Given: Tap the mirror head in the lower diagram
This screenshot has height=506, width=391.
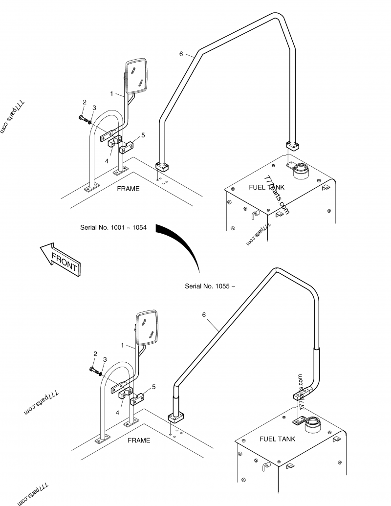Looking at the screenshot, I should point(148,327).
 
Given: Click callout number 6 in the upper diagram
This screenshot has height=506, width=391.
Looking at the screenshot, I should point(181,54).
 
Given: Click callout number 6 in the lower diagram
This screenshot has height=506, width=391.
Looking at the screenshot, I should point(204,315).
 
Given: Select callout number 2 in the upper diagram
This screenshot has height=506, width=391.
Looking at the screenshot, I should point(85,102).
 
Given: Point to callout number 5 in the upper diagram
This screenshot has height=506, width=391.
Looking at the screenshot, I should point(143,135).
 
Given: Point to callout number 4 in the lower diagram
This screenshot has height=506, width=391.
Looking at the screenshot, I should point(117,412).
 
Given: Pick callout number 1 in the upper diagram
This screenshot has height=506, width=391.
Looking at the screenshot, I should point(112,93).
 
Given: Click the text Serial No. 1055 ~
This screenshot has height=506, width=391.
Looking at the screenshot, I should point(210,286).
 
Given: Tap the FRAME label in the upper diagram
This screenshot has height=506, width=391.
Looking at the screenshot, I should point(128,189).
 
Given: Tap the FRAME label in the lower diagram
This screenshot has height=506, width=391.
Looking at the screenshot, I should point(139,440).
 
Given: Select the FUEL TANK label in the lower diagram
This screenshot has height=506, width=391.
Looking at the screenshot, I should point(278,439).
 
